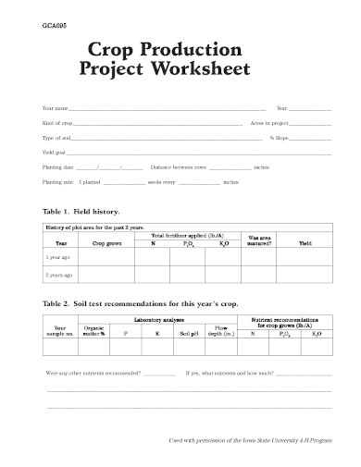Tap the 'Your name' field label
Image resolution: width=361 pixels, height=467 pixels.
point(55,108)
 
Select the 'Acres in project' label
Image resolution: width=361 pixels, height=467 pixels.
point(269,123)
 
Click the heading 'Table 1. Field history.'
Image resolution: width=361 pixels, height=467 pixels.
point(81,211)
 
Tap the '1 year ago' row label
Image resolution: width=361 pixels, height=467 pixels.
point(58,259)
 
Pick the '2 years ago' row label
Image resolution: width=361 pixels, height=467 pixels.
point(59,277)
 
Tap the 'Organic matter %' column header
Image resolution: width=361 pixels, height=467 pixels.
point(93,329)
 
